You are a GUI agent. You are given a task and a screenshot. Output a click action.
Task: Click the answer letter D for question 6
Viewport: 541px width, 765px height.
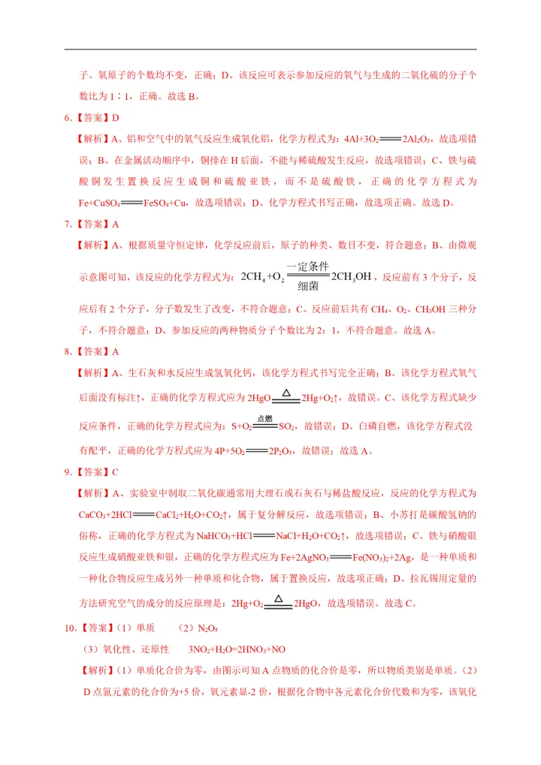point(116,117)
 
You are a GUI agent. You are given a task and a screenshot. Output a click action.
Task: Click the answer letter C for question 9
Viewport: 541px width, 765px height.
point(115,472)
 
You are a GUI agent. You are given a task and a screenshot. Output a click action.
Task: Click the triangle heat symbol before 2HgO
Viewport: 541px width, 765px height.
point(278,598)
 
